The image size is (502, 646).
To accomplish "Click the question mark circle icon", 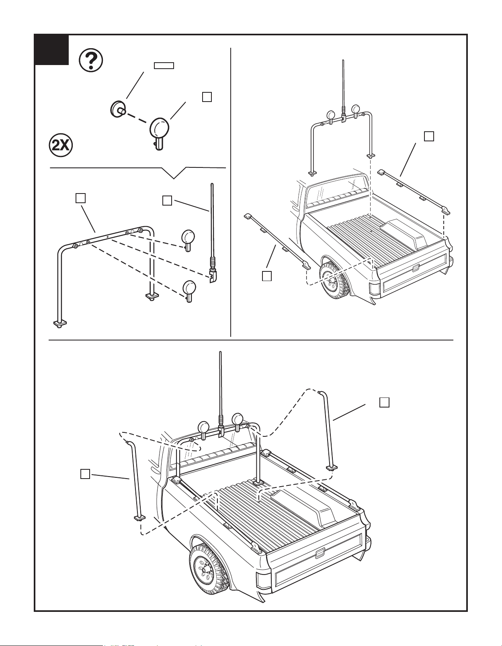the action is [91, 61].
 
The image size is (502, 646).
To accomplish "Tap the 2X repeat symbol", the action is [61, 145].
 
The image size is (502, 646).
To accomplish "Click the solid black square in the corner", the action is [52, 50].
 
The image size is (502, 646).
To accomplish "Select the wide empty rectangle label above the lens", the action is [164, 66].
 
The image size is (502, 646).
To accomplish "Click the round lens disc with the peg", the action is [117, 109].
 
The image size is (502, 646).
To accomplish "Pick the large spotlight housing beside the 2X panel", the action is [159, 131].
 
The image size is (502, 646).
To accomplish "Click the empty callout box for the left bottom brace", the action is [85, 474].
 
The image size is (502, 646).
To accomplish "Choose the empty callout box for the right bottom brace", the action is [385, 403].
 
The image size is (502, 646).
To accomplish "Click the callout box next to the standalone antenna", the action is [167, 200].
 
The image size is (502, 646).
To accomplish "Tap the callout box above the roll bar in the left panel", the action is [80, 198].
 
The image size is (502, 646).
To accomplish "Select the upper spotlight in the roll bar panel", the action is [188, 240].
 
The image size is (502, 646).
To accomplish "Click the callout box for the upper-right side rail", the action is [429, 136].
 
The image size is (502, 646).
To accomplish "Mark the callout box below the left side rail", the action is [267, 275].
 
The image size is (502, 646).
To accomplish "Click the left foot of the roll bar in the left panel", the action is [60, 324].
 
